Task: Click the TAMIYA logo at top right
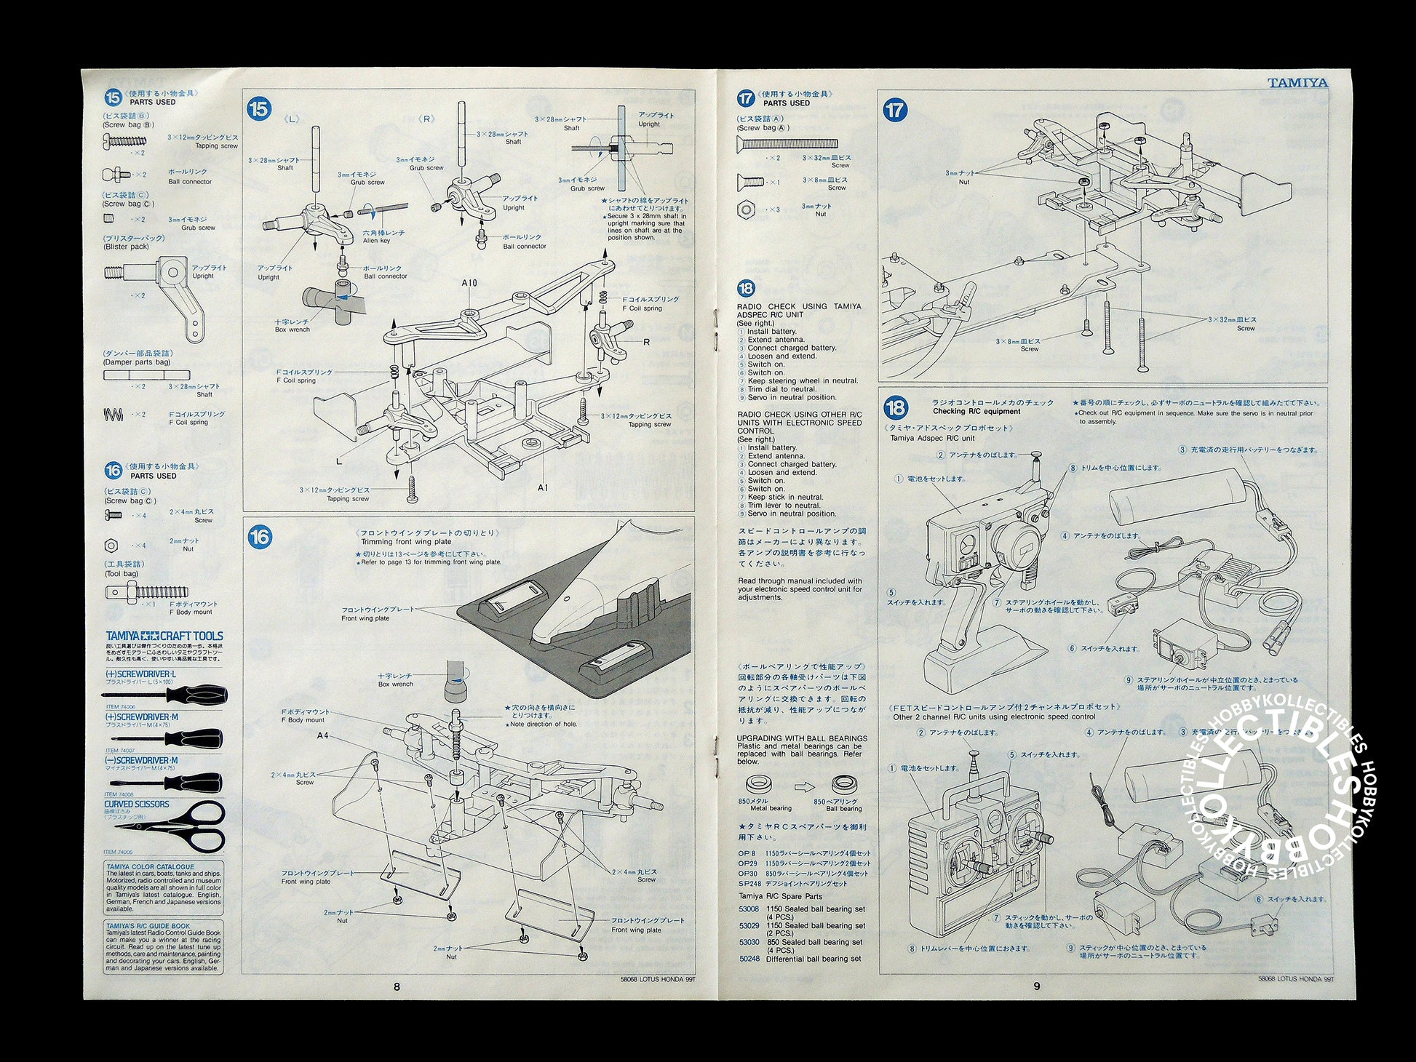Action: (1297, 83)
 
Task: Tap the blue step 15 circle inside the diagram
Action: (260, 109)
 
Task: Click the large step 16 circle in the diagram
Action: (260, 537)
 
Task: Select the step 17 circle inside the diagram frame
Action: (895, 110)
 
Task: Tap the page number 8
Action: (397, 986)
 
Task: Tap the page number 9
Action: (1036, 986)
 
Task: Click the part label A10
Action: (469, 282)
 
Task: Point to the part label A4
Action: (324, 735)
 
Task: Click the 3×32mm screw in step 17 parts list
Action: (787, 143)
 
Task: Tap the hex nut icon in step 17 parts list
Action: (746, 209)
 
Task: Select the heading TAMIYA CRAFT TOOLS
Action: (164, 636)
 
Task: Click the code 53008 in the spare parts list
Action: (749, 909)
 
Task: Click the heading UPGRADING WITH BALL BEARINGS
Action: (802, 738)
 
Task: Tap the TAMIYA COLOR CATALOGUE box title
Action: (151, 867)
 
